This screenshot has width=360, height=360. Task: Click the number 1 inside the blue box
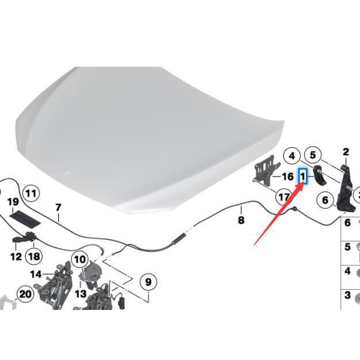click(302, 177)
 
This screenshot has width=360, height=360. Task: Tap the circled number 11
click(31, 193)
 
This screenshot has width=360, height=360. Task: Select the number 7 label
click(58, 208)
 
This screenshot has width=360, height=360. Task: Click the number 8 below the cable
click(241, 220)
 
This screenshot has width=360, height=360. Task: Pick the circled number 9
click(148, 281)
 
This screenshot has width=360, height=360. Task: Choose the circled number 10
click(80, 260)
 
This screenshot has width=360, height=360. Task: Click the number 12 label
click(16, 256)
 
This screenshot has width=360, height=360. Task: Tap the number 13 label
click(81, 294)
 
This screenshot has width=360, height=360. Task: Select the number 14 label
click(36, 274)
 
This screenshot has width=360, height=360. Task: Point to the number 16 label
click(288, 177)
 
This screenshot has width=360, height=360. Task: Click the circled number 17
click(284, 197)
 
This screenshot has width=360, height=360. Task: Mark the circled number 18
click(34, 256)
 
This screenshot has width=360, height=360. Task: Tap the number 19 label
click(13, 202)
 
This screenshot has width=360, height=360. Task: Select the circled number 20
click(25, 294)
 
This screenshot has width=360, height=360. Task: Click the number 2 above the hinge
click(346, 152)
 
